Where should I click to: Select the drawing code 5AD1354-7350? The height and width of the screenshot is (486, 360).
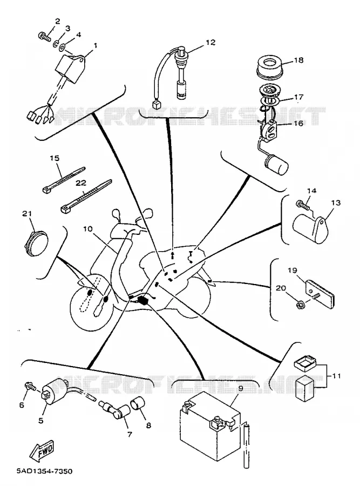click(44, 472)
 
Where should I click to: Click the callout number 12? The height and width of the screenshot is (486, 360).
click(210, 42)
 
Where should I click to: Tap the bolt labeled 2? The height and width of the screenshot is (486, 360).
click(44, 37)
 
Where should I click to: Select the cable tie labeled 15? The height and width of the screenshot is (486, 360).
click(64, 179)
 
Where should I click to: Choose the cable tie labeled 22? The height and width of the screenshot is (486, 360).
click(86, 197)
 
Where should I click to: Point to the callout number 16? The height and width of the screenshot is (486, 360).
click(298, 123)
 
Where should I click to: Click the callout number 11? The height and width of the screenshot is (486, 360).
click(336, 376)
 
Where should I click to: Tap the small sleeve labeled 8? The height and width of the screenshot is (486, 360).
click(139, 403)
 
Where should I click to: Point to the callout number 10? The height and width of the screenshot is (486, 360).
click(88, 229)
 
